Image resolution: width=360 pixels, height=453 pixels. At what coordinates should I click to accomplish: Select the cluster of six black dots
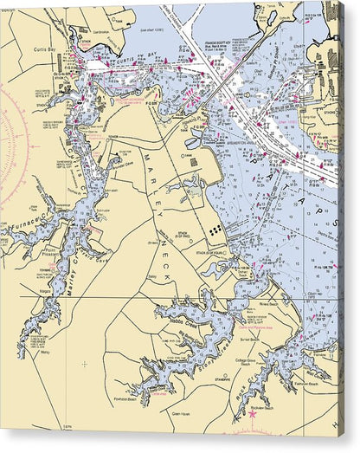(x=214, y=230)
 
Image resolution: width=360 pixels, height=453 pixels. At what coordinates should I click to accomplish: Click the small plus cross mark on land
(x=84, y=364)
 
